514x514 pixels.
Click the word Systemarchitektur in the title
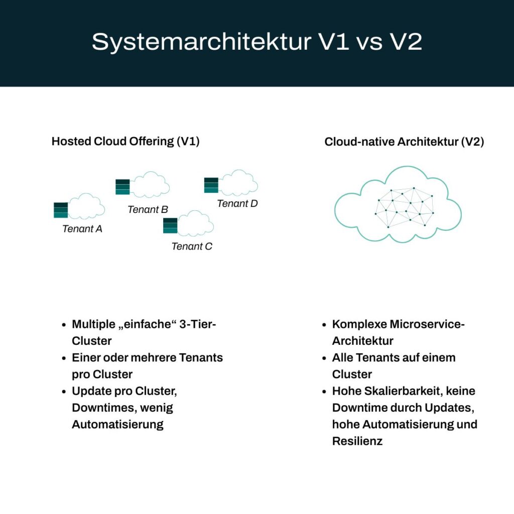pos(201,42)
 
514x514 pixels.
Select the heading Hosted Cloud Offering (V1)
pos(125,142)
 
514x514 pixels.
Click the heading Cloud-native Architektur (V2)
pos(404,142)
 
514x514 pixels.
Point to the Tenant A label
pos(82,229)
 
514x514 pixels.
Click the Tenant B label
pos(148,209)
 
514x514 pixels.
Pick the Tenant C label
pos(192,246)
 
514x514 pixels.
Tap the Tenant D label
pos(237,203)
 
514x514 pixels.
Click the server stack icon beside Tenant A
pos(61,210)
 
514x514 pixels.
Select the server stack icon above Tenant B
pos(122,187)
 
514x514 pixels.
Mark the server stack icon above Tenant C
pos(170,226)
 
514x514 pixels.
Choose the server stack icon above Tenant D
pos(211,185)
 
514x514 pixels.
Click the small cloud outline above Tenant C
pos(196,224)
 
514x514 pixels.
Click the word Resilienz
pos(357,441)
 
